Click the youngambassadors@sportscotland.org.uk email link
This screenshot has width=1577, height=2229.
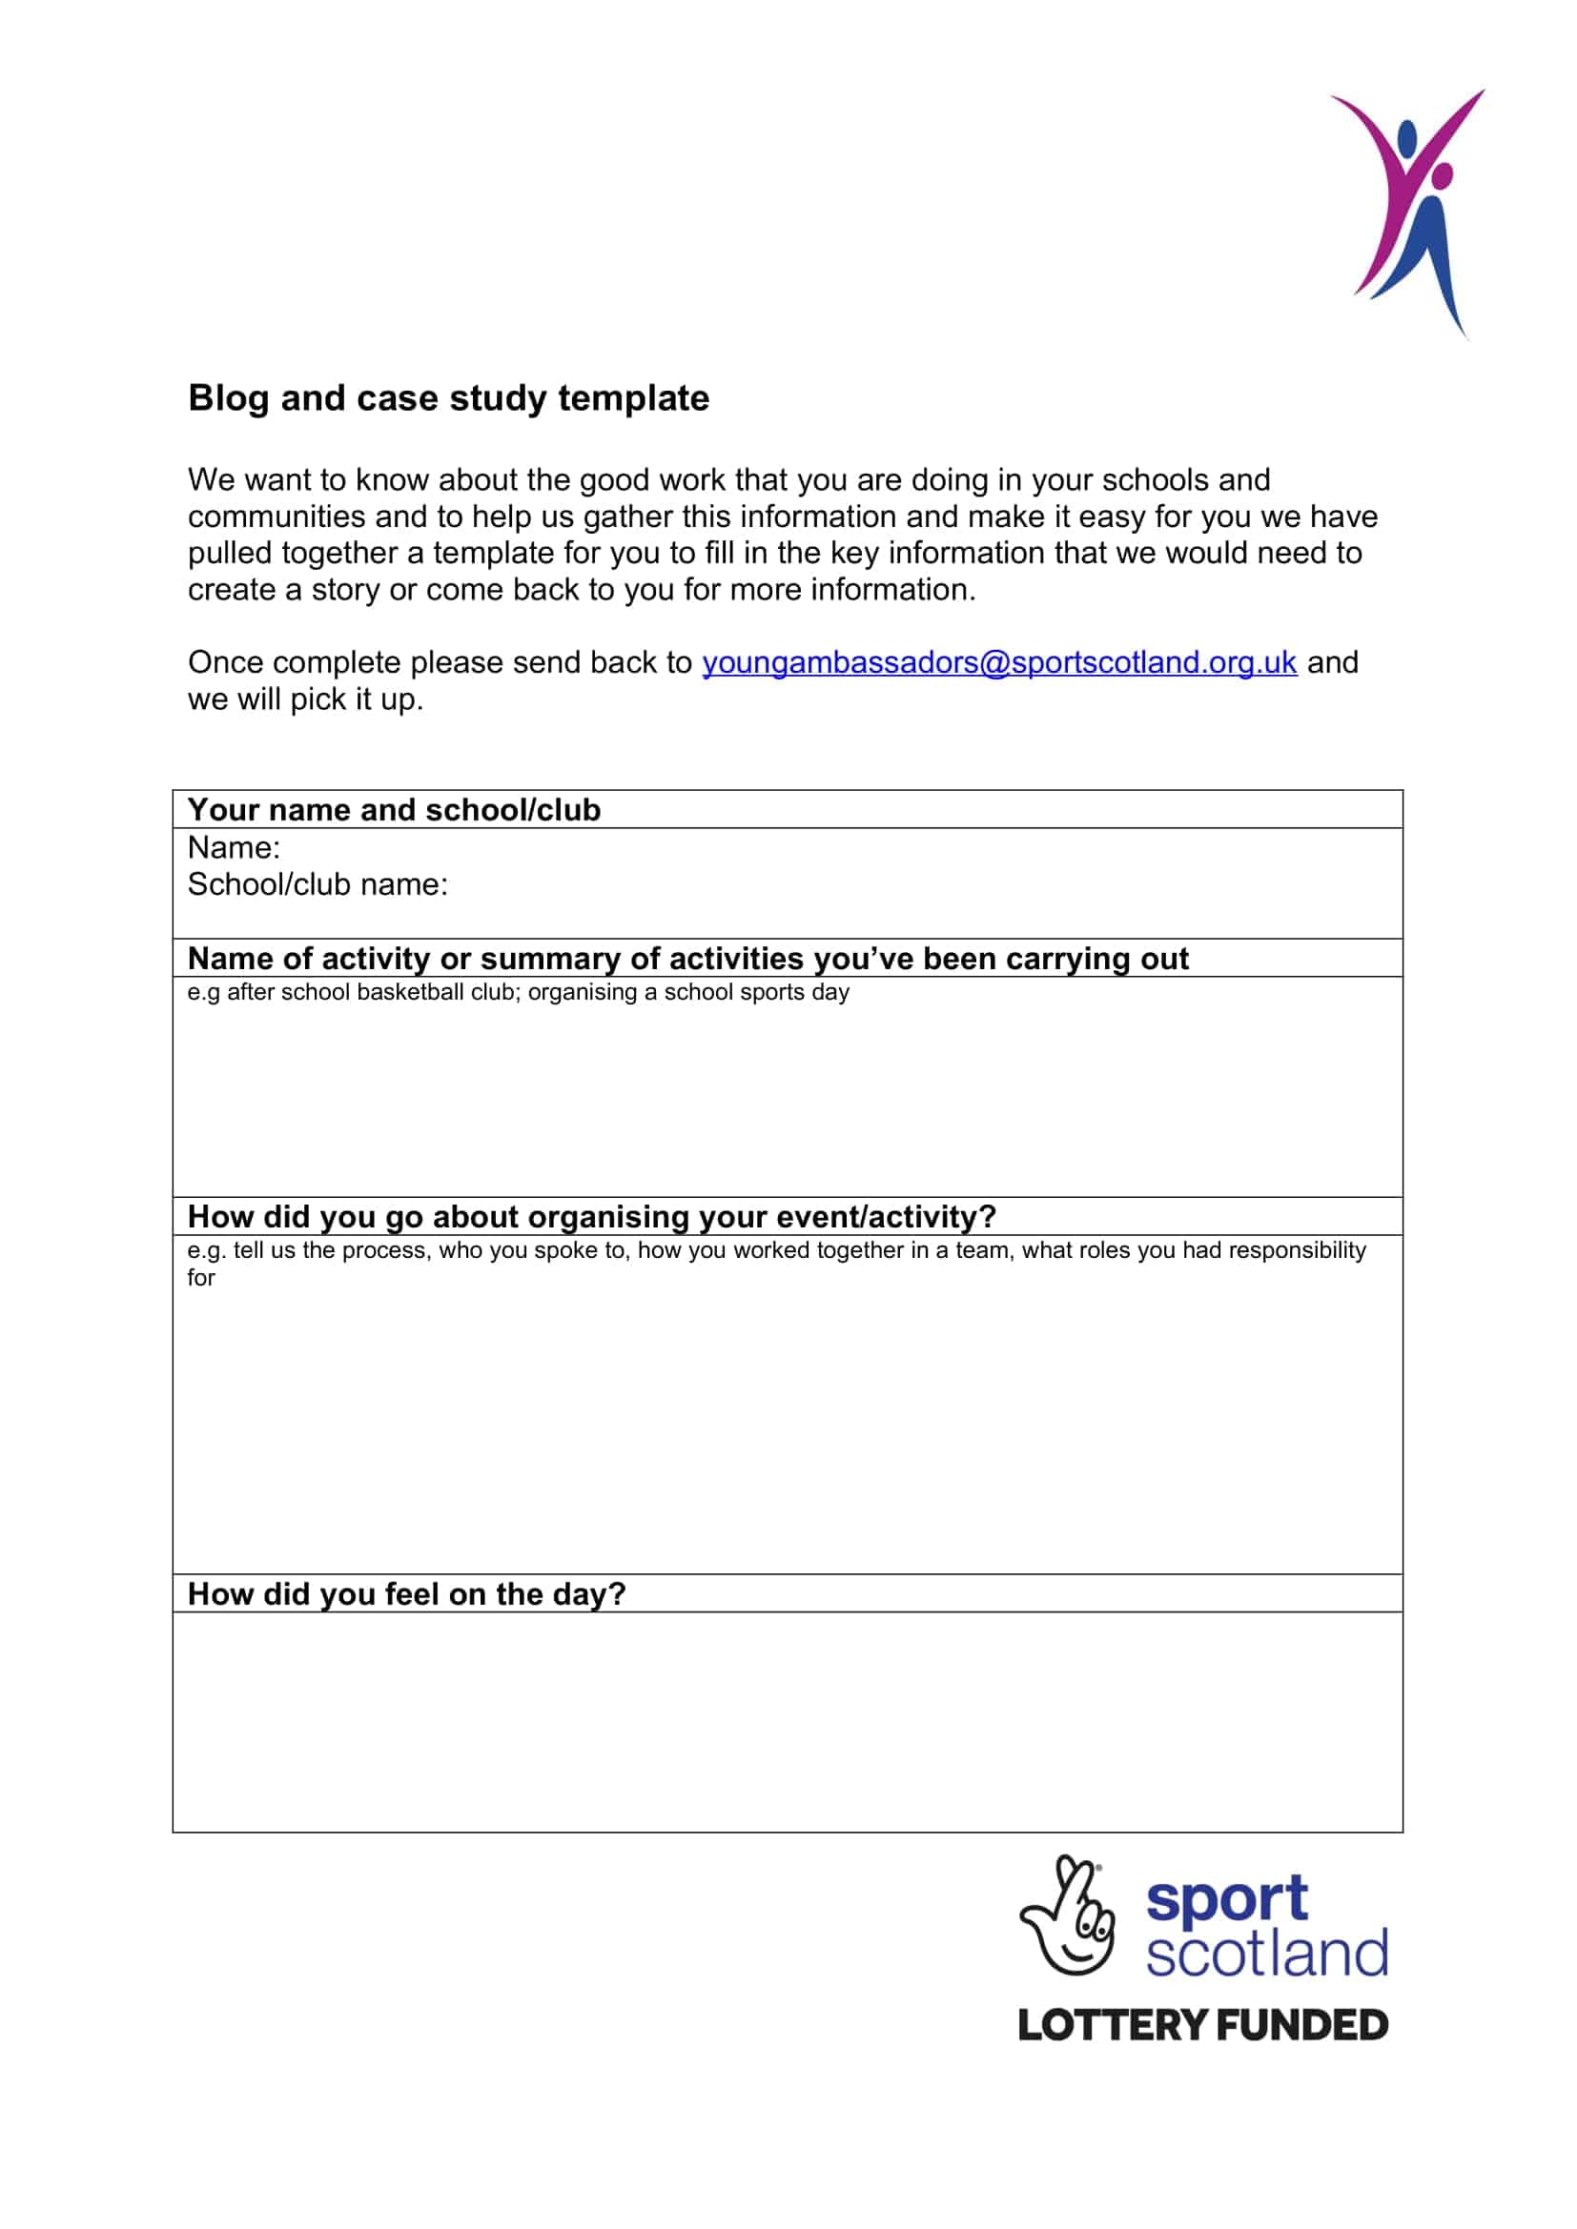(x=998, y=662)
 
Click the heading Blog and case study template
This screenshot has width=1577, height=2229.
(x=448, y=398)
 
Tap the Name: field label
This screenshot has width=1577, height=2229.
(x=233, y=847)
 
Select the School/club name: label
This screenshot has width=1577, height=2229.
(x=317, y=884)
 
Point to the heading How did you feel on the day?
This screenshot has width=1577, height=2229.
(x=406, y=1594)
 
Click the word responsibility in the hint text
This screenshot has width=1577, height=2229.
(x=1298, y=1250)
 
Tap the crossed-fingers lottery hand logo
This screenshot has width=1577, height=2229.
(x=1066, y=1916)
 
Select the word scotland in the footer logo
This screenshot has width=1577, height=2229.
(x=1266, y=1954)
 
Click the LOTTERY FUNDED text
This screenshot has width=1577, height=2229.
(x=1202, y=2025)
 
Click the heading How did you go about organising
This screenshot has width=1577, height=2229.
(x=591, y=1216)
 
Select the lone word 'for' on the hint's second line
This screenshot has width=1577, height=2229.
(x=201, y=1278)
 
